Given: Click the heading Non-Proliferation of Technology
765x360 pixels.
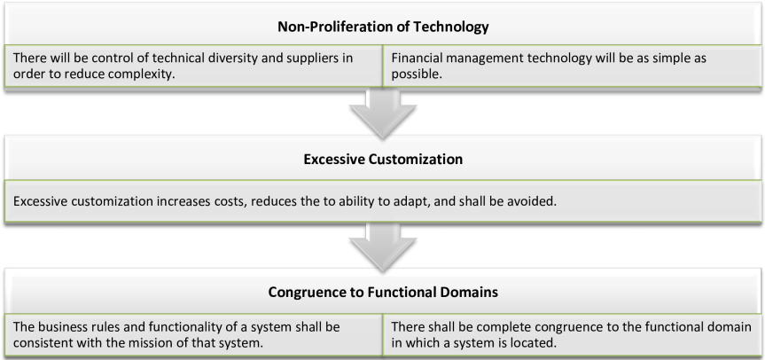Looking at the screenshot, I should point(382,27).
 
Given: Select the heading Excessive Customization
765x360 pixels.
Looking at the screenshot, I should point(382,160).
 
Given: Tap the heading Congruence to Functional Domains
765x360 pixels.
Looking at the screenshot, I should point(382,291).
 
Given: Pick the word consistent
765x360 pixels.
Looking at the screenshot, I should point(43,341).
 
